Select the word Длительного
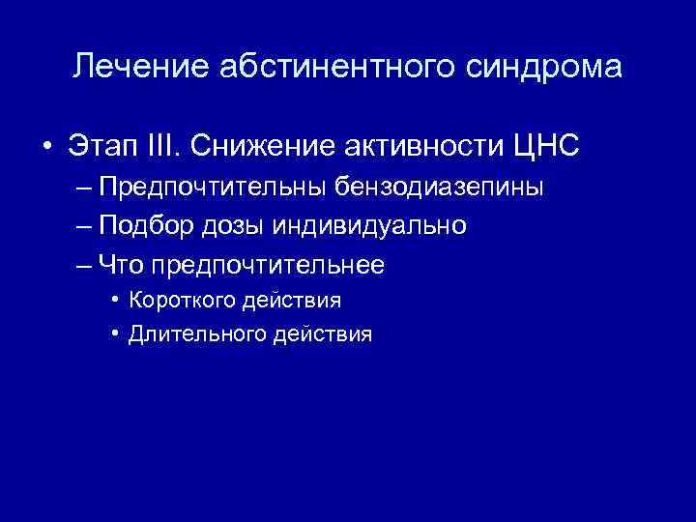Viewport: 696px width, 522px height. click(192, 334)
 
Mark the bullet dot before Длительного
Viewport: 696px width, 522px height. click(115, 334)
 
